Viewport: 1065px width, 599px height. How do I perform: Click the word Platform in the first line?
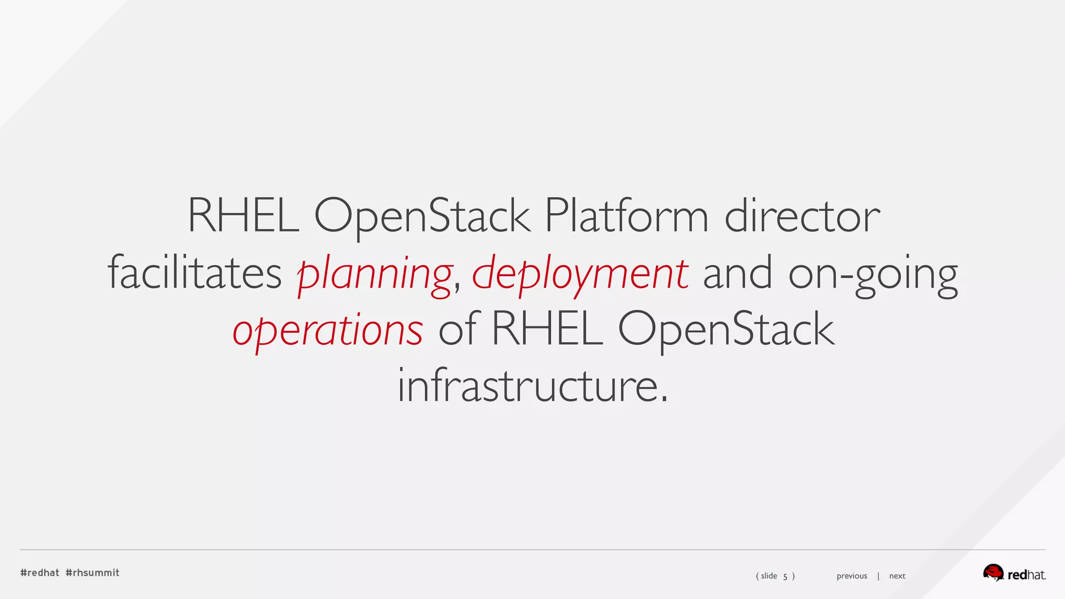626,216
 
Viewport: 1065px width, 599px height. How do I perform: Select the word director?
802,216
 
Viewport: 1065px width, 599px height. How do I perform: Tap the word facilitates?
194,273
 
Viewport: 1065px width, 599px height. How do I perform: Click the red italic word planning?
374,274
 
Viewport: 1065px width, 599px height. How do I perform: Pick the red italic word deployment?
580,274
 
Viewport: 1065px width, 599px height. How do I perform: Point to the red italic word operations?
328,331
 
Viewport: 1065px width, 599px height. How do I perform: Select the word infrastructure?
532,386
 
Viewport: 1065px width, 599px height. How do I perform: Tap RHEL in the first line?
243,216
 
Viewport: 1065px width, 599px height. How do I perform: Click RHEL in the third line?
547,329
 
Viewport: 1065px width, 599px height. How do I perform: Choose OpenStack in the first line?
422,216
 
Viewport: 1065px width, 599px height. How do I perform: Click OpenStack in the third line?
726,329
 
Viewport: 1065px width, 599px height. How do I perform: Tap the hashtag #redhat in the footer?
40,572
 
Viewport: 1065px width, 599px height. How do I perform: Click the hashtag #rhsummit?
93,572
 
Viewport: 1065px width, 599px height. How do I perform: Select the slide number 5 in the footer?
785,576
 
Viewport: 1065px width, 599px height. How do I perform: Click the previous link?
852,576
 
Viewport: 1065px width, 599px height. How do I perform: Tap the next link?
897,576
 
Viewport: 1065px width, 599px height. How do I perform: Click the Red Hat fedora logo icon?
993,572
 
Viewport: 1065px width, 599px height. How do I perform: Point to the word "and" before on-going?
737,273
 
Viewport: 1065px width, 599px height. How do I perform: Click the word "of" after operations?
457,329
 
